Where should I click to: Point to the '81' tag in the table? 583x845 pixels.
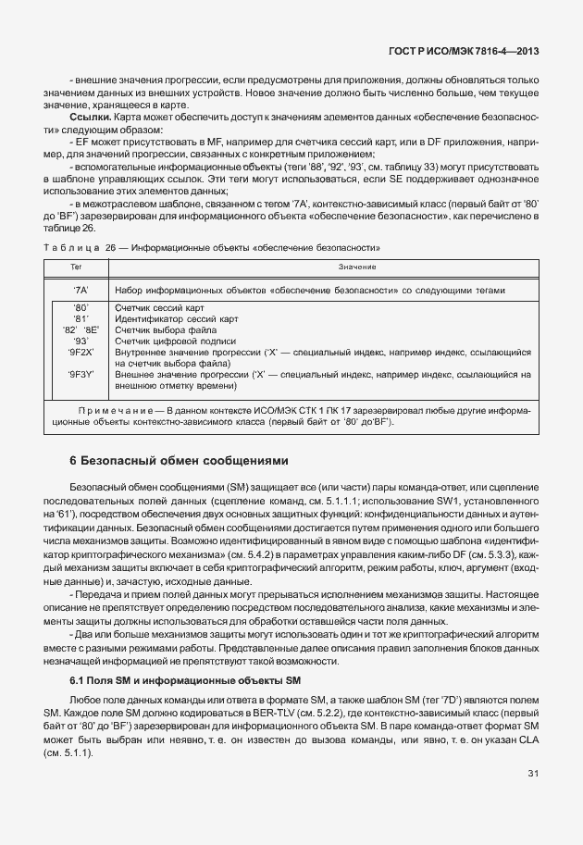(x=81, y=318)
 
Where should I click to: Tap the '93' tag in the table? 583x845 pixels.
(x=81, y=341)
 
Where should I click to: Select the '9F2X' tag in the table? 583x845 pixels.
(x=81, y=353)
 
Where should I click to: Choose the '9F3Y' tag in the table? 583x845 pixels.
(x=81, y=375)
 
